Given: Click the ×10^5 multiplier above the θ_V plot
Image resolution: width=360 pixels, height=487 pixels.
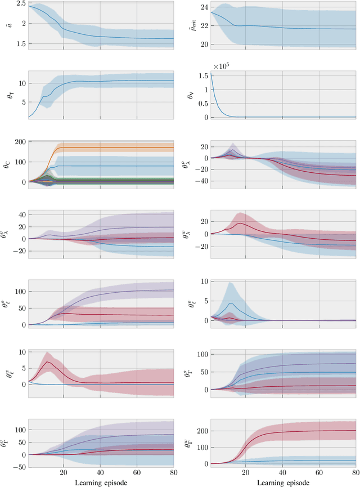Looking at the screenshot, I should point(220,65).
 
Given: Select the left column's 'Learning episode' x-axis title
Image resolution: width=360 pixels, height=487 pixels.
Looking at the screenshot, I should point(101,482).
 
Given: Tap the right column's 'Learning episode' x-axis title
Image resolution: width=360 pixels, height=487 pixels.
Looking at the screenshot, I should point(283,482).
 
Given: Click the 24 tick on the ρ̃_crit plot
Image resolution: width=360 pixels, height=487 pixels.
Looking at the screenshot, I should point(203,8).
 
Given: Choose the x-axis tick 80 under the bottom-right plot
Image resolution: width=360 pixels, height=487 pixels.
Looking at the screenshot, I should point(355,474).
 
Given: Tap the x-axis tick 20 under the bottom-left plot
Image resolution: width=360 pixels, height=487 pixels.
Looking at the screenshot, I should point(64,474).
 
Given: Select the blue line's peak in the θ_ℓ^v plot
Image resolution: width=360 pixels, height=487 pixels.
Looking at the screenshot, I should point(229,304).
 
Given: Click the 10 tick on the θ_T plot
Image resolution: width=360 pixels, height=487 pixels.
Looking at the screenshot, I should point(21,83).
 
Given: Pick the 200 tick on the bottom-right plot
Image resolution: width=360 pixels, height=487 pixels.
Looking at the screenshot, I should point(201,431).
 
